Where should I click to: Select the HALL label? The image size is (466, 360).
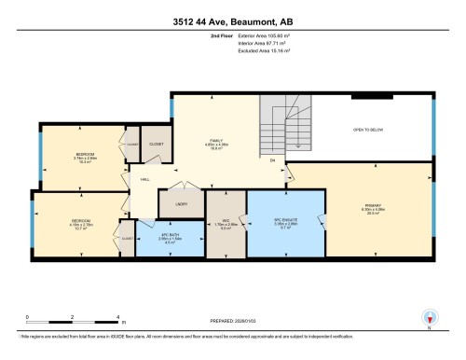pyautogui.click(x=145, y=177)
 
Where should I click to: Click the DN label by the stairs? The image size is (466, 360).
pyautogui.click(x=272, y=161)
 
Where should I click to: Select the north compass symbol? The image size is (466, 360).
pyautogui.click(x=429, y=317)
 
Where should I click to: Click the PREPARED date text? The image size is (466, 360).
pyautogui.click(x=233, y=323)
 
